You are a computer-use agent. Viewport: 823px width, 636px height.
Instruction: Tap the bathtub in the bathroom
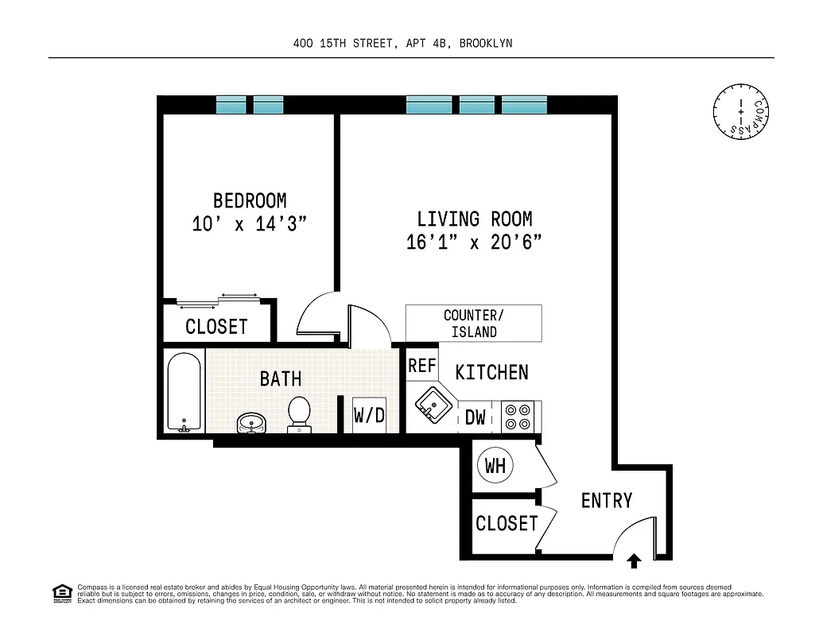click(x=184, y=393)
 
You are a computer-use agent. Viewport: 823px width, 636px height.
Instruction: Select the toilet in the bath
click(x=299, y=414)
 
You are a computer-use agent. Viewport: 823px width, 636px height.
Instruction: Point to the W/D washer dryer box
click(x=369, y=415)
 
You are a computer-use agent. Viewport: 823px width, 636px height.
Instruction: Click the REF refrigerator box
click(x=422, y=366)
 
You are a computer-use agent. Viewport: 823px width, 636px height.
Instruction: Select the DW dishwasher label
click(x=476, y=417)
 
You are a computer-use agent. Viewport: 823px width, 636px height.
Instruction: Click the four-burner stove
click(x=518, y=417)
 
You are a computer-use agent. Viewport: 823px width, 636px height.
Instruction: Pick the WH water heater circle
click(x=495, y=466)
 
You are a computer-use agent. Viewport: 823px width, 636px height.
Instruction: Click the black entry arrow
click(x=634, y=562)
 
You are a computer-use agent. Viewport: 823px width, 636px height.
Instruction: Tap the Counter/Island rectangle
click(x=474, y=324)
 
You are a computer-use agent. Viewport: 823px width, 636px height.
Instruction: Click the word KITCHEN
click(x=491, y=372)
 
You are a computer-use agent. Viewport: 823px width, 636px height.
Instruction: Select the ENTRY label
click(x=607, y=501)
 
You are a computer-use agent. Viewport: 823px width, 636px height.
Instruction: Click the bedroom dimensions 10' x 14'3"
click(x=250, y=224)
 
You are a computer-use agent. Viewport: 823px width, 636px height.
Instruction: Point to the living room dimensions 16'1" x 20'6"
click(x=475, y=242)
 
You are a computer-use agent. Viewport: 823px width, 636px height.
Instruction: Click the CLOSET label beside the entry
click(x=507, y=524)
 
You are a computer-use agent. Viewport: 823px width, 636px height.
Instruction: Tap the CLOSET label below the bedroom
click(x=216, y=327)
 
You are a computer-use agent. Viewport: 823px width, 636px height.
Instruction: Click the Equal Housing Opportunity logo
click(x=62, y=593)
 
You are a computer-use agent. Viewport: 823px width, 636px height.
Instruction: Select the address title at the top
click(x=402, y=44)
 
